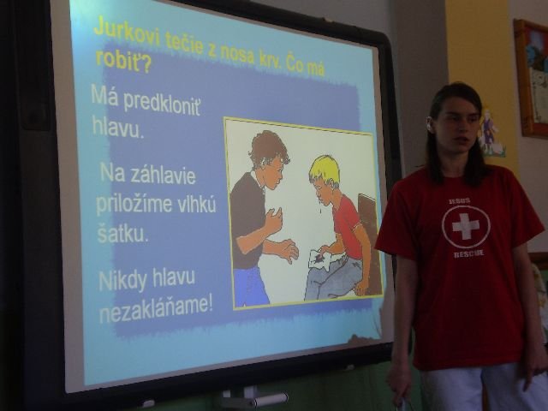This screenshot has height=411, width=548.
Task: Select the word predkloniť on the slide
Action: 162,104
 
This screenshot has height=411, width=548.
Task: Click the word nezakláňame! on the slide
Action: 156,309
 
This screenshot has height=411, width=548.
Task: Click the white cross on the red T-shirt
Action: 466,226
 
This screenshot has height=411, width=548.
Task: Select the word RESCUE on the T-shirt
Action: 468,253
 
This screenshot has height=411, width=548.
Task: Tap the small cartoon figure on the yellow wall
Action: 491,134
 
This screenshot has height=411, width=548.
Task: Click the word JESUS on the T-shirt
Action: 460,201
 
